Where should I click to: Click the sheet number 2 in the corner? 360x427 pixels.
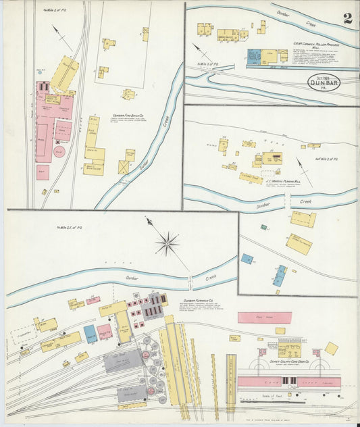[347, 18]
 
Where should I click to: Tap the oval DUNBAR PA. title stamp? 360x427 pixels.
[324, 82]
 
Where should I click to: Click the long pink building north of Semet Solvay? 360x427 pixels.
[264, 318]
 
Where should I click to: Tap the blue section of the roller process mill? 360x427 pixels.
[254, 57]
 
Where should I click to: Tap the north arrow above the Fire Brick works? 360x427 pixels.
[61, 39]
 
